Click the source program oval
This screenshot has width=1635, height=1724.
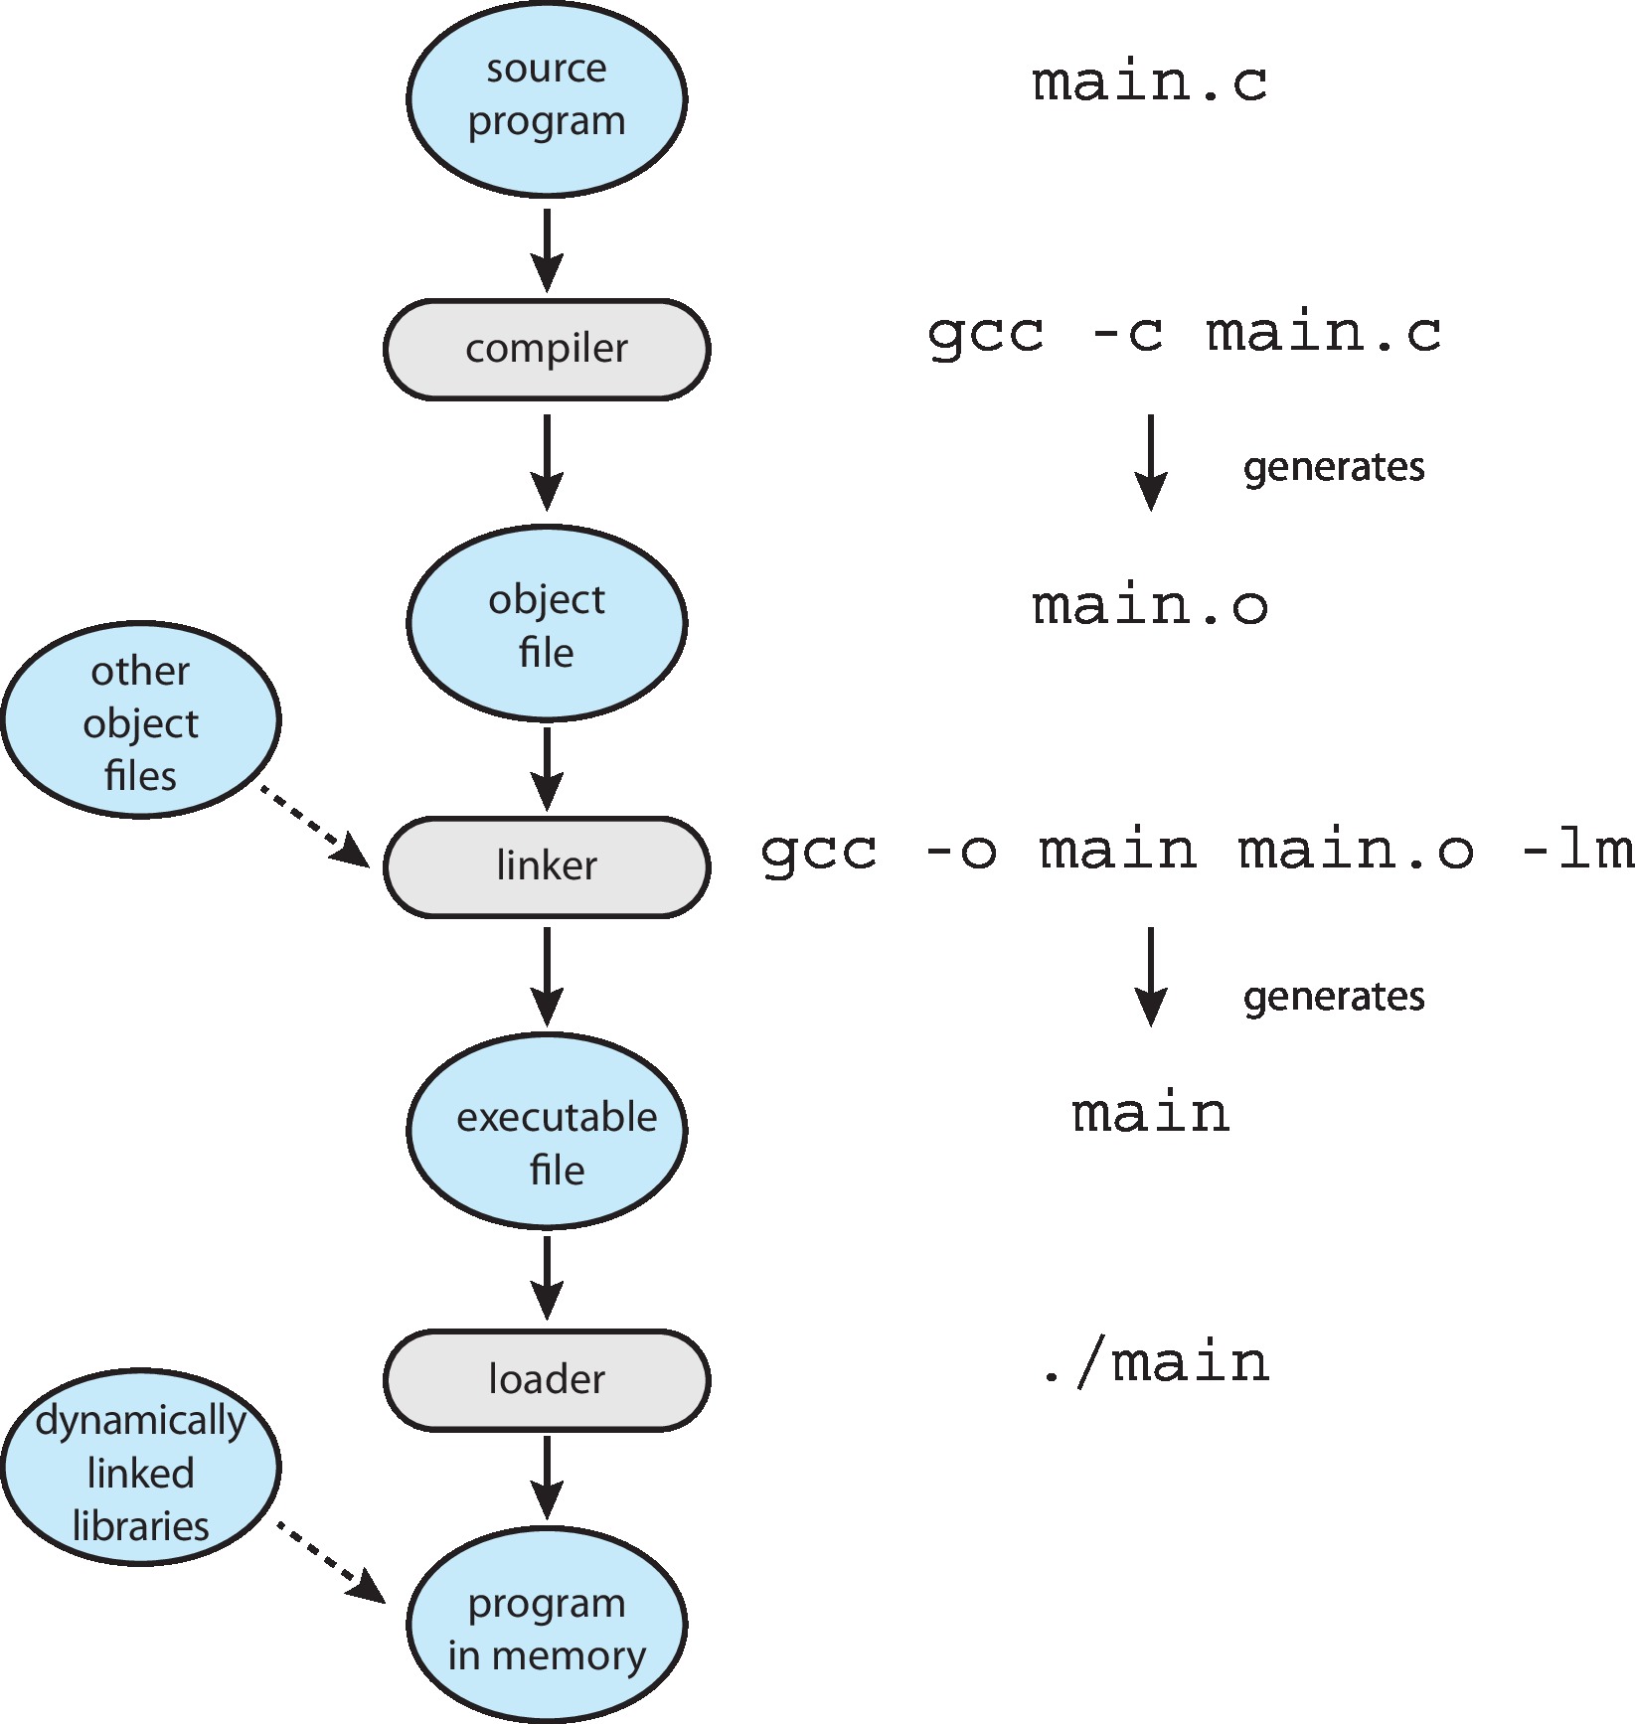547,97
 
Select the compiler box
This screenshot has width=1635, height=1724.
547,350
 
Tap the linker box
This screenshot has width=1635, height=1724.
547,866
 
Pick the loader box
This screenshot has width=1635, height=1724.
547,1379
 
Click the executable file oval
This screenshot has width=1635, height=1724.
547,1131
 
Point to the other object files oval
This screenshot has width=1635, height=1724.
141,721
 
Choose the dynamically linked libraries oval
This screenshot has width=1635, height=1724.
141,1469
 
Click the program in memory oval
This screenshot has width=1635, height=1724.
547,1628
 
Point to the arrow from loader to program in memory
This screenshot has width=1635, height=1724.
547,1477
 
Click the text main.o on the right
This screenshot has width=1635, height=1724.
1150,606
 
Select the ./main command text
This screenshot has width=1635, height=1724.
1155,1363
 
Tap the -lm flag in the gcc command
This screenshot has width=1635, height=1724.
1578,851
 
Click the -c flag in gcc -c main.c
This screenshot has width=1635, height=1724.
1127,334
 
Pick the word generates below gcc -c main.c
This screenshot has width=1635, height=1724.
1334,467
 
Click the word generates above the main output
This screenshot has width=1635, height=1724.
1334,997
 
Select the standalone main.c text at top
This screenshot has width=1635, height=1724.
1150,82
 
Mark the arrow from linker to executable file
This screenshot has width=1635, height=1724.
547,976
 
